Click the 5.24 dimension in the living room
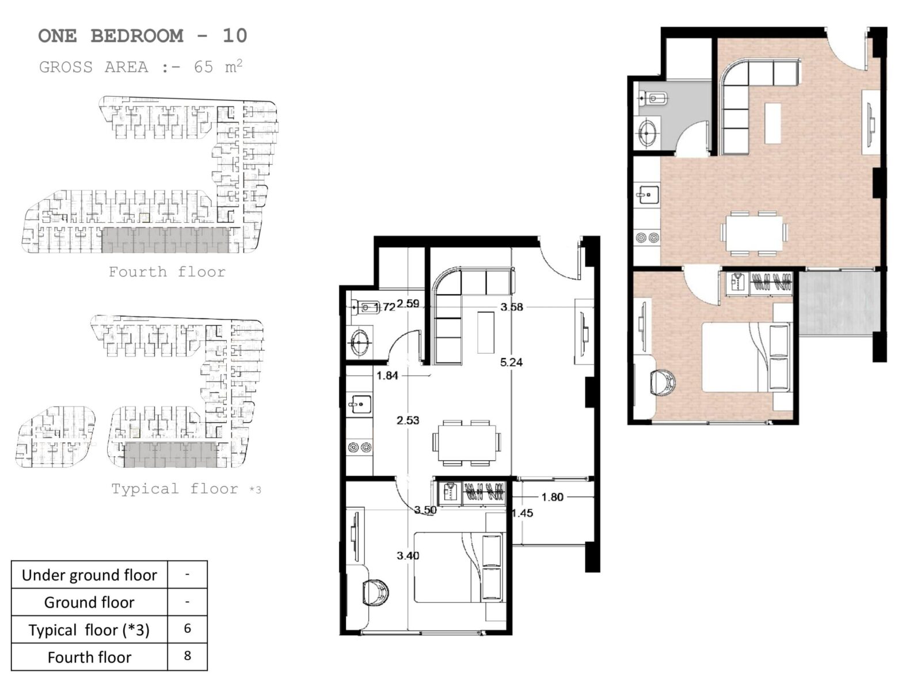click(x=511, y=362)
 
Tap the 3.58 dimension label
click(x=512, y=307)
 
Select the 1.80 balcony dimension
click(x=552, y=497)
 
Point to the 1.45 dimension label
click(x=523, y=513)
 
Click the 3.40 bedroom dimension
click(x=408, y=556)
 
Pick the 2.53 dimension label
click(x=408, y=420)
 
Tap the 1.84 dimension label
click(x=387, y=375)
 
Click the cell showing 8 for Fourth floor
click(x=188, y=655)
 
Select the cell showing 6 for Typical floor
click(x=188, y=628)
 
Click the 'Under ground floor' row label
click(x=89, y=575)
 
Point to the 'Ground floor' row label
click(x=89, y=602)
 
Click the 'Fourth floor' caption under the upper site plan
click(x=167, y=272)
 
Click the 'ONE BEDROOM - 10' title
click(x=143, y=36)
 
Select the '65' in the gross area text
click(x=204, y=67)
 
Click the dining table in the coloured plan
click(x=754, y=233)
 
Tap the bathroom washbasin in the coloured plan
click(x=648, y=132)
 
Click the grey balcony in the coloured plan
click(x=839, y=303)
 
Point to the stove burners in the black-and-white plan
click(x=360, y=447)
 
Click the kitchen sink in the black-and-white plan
click(x=360, y=404)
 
